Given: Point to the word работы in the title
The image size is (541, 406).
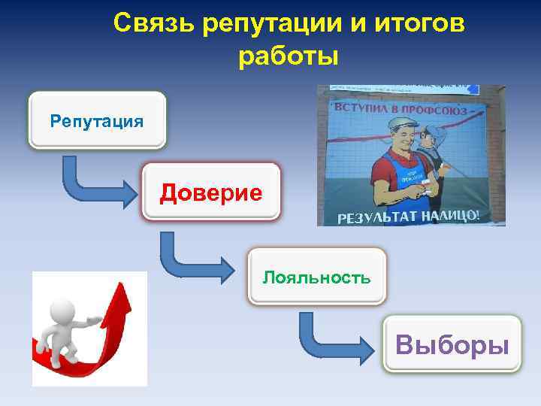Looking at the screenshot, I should tap(289, 56).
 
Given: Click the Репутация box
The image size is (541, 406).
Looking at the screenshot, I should tap(96, 120).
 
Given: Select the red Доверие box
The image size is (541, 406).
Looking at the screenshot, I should tap(211, 192).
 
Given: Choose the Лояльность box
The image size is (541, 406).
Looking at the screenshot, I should tap(316, 277).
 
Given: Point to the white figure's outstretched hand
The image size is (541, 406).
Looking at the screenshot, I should tap(96, 321).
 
